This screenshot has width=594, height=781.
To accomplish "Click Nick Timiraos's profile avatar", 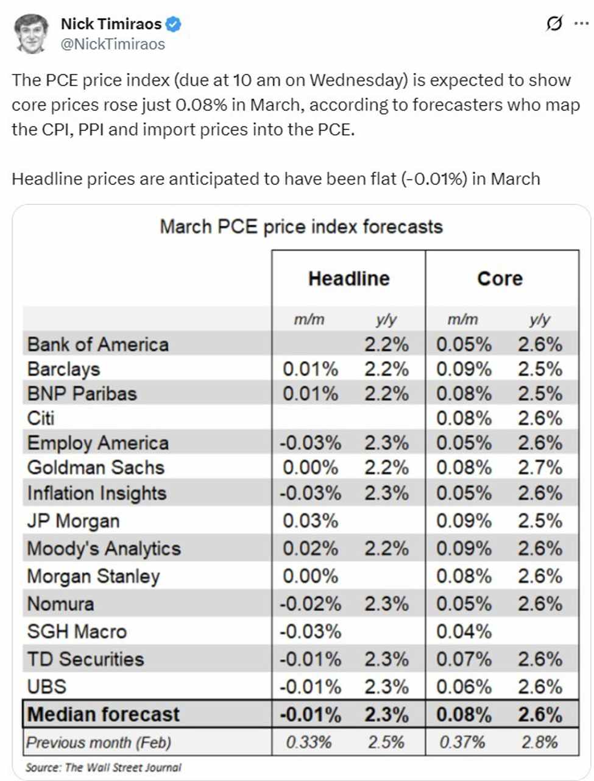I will pyautogui.click(x=32, y=34).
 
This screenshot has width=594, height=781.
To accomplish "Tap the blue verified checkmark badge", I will pyautogui.click(x=174, y=24).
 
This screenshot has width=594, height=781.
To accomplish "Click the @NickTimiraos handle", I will pyautogui.click(x=113, y=45).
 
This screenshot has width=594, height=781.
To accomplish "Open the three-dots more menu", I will pyautogui.click(x=581, y=24).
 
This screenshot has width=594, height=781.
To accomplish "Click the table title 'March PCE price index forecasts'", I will pyautogui.click(x=301, y=227).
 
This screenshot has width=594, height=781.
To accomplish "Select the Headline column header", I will pyautogui.click(x=348, y=279).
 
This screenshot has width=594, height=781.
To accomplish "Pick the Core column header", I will pyautogui.click(x=500, y=279).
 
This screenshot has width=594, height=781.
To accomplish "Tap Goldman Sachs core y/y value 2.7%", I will pyautogui.click(x=540, y=468).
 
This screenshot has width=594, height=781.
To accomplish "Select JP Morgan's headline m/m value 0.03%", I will pyautogui.click(x=310, y=521).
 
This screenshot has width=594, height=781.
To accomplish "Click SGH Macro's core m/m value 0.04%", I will pyautogui.click(x=464, y=632).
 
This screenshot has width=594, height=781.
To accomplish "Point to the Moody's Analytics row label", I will pyautogui.click(x=104, y=549).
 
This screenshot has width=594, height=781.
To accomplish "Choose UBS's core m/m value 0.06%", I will pyautogui.click(x=464, y=687).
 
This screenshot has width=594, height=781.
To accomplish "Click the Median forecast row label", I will pyautogui.click(x=104, y=715).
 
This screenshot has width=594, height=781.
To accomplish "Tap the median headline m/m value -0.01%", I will pyautogui.click(x=310, y=715).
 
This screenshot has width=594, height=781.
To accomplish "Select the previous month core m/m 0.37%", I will pyautogui.click(x=462, y=743).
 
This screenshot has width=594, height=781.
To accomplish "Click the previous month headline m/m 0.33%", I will pyautogui.click(x=309, y=743).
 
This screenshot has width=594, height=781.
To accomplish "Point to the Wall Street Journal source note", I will pyautogui.click(x=103, y=767).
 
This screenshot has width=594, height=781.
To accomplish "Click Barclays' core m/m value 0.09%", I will pyautogui.click(x=464, y=369).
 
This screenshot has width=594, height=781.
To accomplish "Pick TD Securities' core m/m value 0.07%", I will pyautogui.click(x=464, y=659).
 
